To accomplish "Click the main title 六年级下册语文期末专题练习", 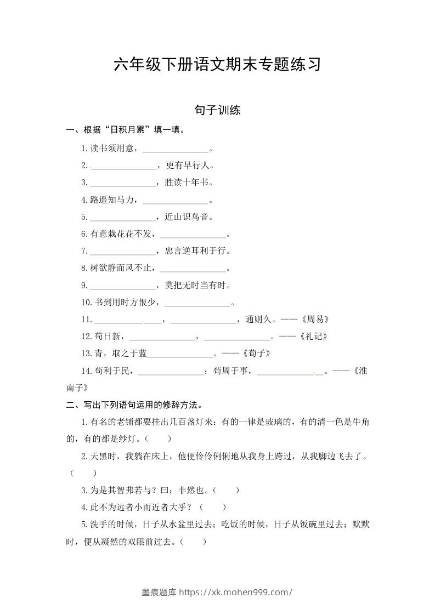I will coord(217,65).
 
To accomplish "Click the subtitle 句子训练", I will coord(217,110).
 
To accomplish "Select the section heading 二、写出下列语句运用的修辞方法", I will coord(134,406).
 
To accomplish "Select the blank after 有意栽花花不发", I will coord(193,235).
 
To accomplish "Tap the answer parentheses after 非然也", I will coord(225,491).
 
